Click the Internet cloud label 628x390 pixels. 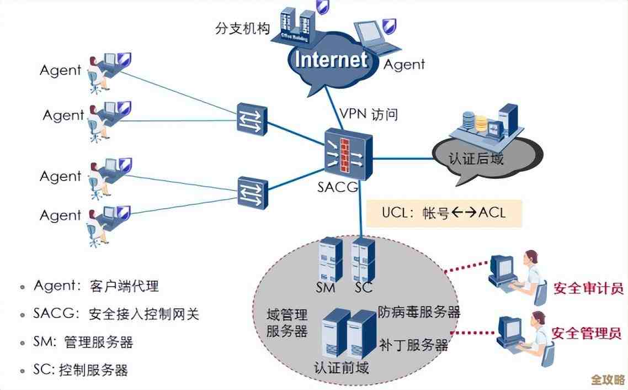click(331, 60)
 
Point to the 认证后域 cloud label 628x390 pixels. click(476, 160)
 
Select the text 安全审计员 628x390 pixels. click(587, 288)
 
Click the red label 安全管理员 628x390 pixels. click(587, 333)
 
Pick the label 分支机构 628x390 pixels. click(242, 29)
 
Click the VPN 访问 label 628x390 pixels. click(368, 114)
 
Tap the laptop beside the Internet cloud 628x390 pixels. click(376, 38)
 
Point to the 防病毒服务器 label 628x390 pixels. click(419, 312)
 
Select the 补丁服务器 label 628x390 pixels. click(413, 346)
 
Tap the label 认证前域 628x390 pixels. click(341, 367)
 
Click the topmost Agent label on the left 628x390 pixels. click(61, 71)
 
